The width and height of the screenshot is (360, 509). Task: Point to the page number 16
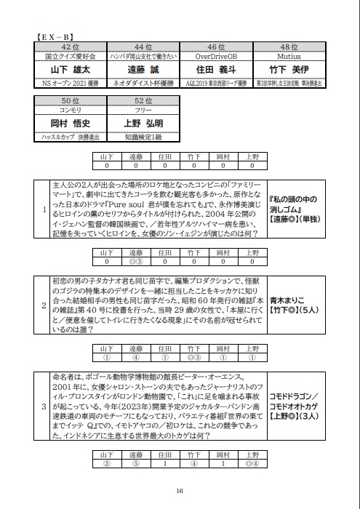[179, 491]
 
